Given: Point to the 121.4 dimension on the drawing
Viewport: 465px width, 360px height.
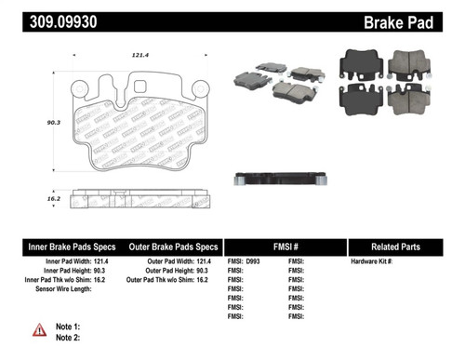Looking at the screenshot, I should pyautogui.click(x=140, y=56).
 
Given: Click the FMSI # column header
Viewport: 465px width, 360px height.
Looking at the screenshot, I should pyautogui.click(x=286, y=247).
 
